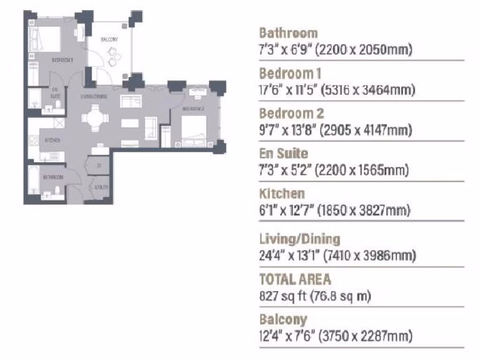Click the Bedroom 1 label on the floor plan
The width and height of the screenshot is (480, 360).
62,60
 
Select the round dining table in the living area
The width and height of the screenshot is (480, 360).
95,117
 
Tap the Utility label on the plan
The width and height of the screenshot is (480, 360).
101,187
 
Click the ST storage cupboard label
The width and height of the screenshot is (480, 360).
99,165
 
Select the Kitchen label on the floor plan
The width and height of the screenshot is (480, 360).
52,140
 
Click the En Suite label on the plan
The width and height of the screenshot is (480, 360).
55,92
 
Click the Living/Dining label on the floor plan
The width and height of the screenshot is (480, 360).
94,97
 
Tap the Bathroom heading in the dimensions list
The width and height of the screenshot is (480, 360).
288,33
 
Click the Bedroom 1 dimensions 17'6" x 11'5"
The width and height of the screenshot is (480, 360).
337,90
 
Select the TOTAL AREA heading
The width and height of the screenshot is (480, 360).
295,279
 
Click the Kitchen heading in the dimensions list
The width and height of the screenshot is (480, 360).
282,194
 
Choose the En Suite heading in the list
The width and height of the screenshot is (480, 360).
283,154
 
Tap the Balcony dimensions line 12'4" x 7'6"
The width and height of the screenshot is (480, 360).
336,336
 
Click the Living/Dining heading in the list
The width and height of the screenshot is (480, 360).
299,239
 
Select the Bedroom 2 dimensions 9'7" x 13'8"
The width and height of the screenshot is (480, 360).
335,130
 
